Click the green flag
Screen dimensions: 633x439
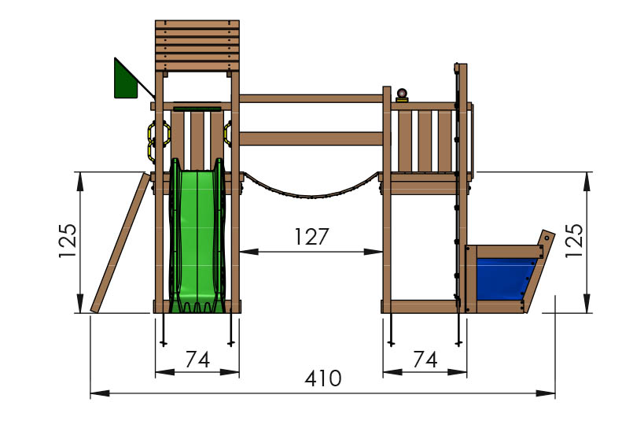pyautogui.click(x=125, y=81)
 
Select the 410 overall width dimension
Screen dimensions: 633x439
pyautogui.click(x=323, y=378)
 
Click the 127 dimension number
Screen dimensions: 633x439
pyautogui.click(x=311, y=237)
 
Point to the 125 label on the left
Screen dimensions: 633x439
pyautogui.click(x=68, y=241)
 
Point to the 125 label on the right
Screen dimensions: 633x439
pyautogui.click(x=574, y=241)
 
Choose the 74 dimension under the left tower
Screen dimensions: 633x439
pyautogui.click(x=197, y=359)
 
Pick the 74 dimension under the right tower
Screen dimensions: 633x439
pyautogui.click(x=425, y=359)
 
